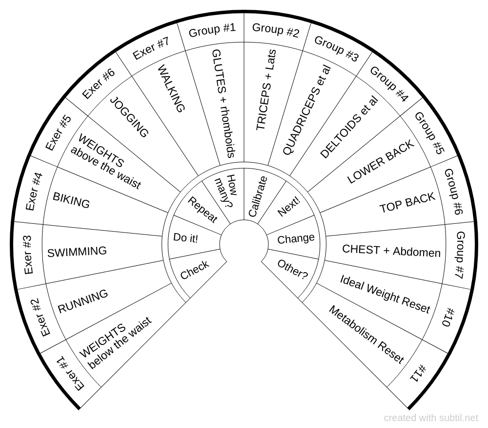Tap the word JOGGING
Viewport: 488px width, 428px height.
point(129,117)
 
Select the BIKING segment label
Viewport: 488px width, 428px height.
point(71,201)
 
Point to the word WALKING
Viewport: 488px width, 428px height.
point(171,89)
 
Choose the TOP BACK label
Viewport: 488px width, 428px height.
point(407,203)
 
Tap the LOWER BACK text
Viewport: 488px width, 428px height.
point(381,162)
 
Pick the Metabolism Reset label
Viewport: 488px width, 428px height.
point(366,335)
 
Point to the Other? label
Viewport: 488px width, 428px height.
point(292,269)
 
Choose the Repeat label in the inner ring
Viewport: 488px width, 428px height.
point(203,210)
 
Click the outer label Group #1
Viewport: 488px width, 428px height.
point(212,30)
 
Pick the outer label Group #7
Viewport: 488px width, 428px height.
point(460,255)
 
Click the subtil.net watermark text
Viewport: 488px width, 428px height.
point(431,418)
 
